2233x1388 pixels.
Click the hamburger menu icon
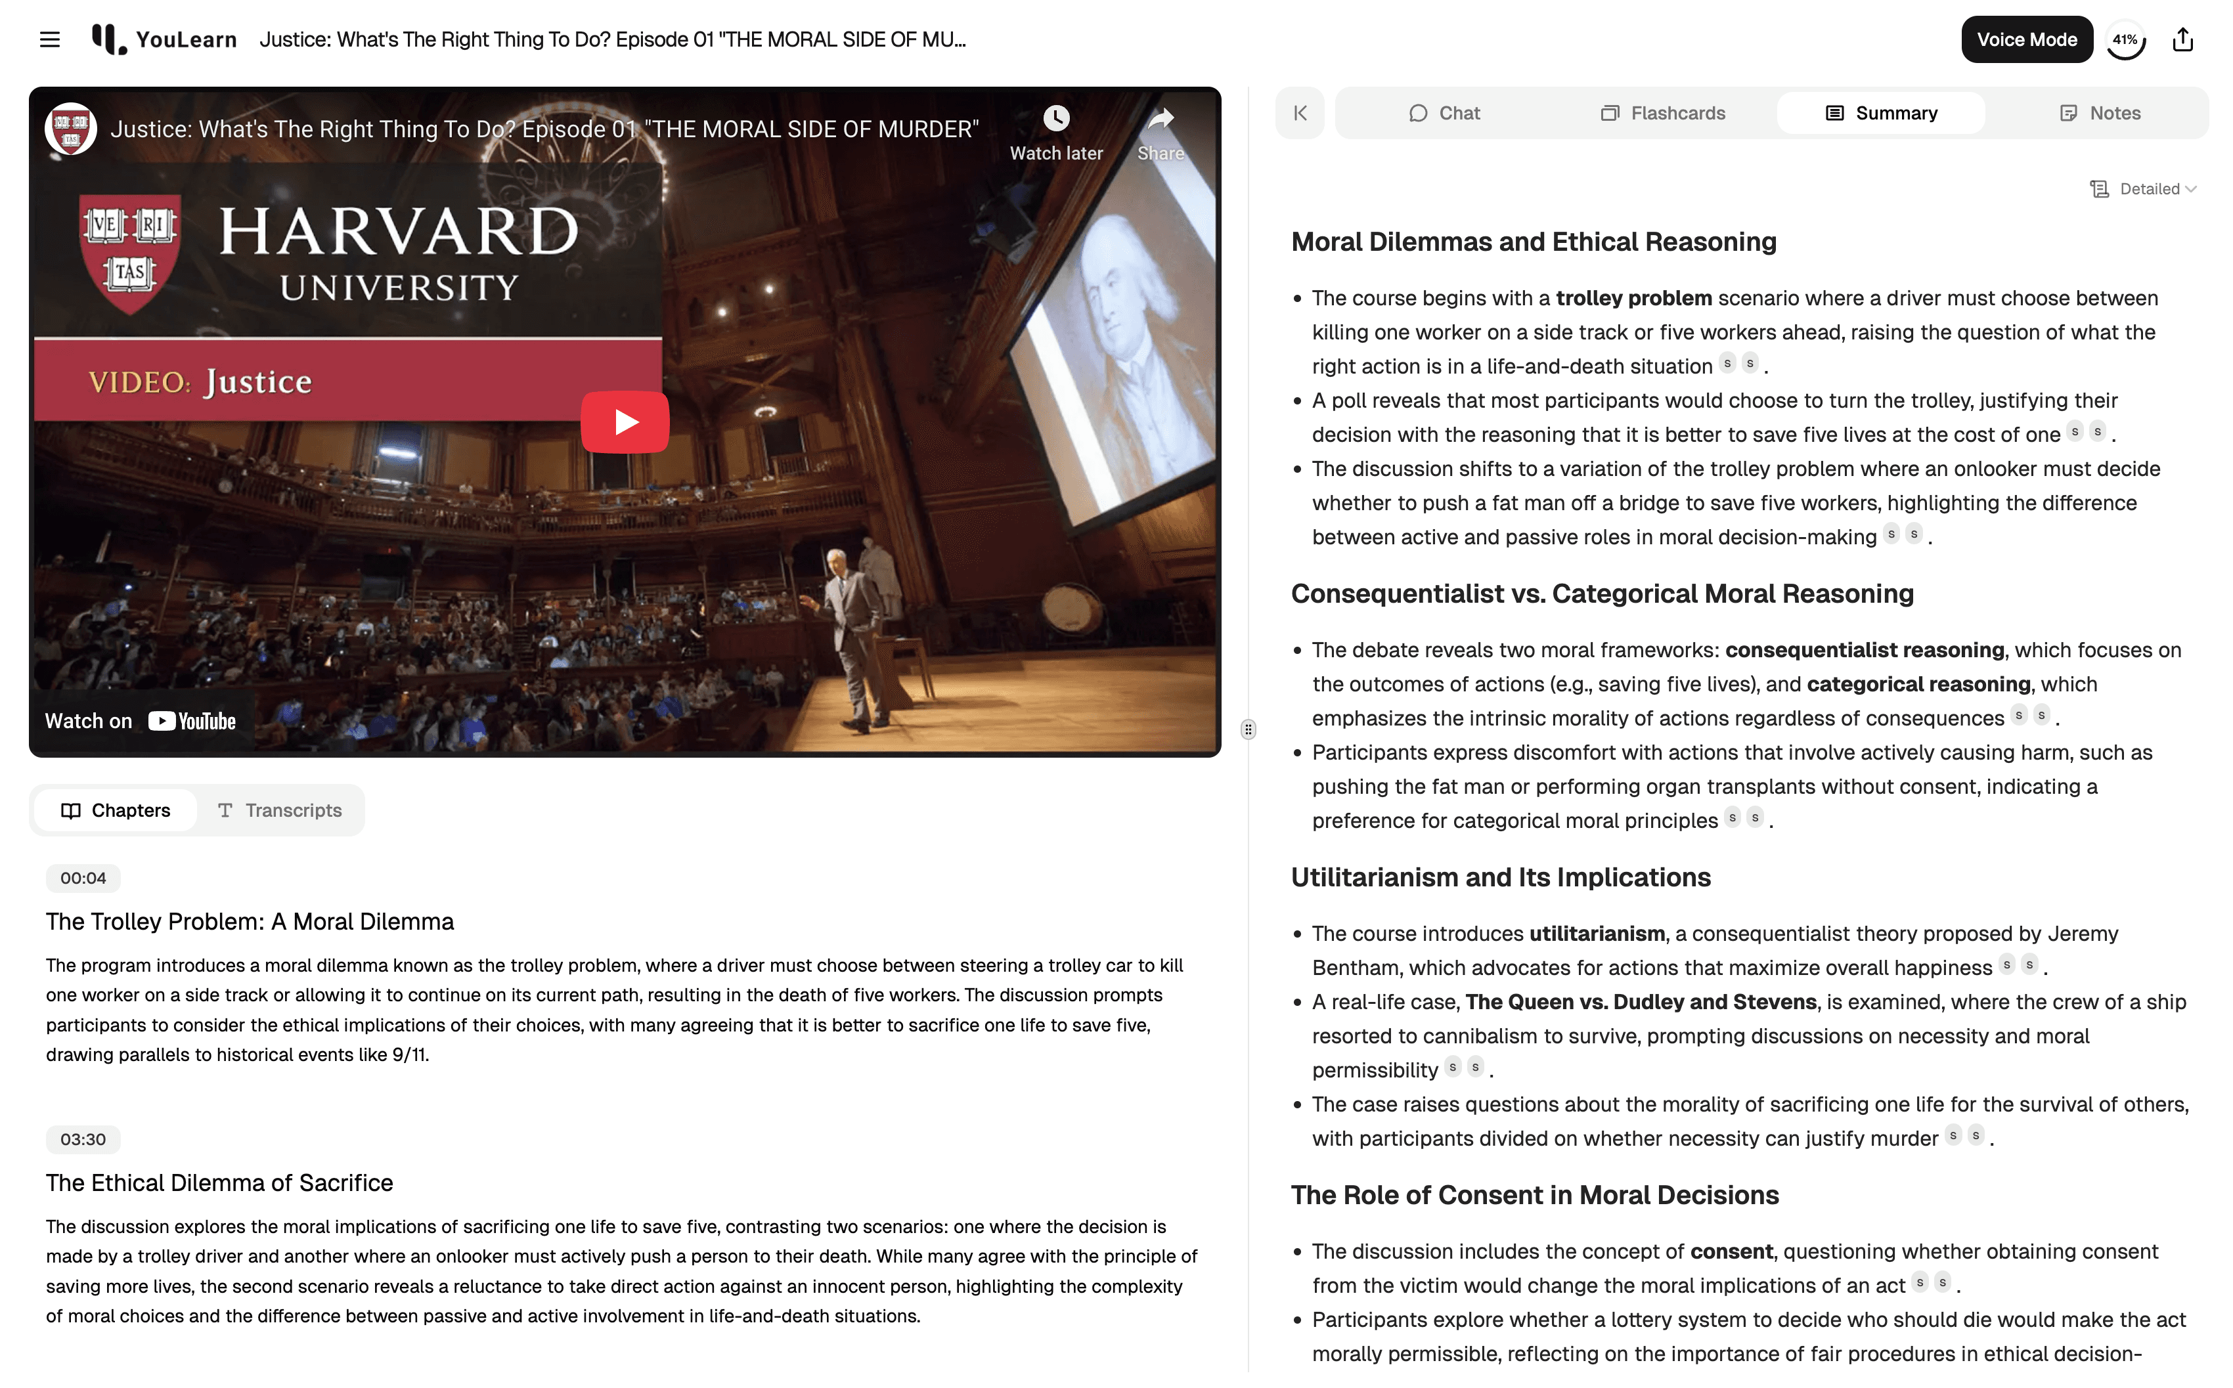pos(49,39)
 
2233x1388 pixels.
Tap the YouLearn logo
pos(164,39)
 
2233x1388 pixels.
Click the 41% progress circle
pos(2125,39)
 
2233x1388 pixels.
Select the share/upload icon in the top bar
pos(2182,39)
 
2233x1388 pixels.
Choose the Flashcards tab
pos(1663,113)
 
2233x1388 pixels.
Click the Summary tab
pos(1882,113)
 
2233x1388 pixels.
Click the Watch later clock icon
pos(1056,118)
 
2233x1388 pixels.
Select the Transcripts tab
pos(280,811)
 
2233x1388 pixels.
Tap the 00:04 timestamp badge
pos(83,878)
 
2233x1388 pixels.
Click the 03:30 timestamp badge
pos(83,1140)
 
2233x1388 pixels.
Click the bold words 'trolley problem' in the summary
pos(1633,298)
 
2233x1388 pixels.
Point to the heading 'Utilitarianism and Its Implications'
pos(1500,878)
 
